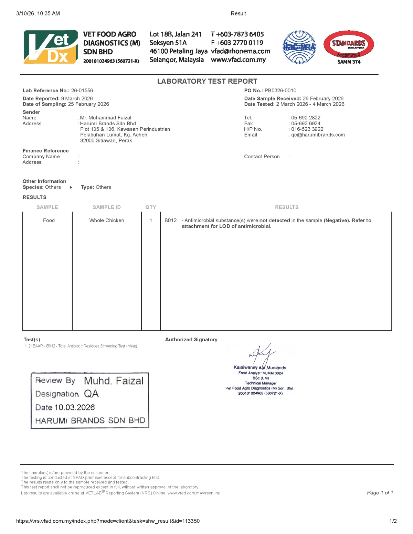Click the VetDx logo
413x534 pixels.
(51, 47)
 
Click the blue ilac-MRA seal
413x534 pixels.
(299, 47)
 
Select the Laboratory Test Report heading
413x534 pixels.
(207, 82)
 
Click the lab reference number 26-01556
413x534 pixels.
(82, 90)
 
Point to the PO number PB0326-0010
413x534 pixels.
(280, 90)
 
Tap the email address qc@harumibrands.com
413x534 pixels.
(318, 135)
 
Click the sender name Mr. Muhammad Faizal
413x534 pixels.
(105, 118)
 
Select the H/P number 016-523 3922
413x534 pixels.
(307, 129)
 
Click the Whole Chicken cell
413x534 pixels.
(107, 221)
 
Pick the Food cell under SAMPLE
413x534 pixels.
(49, 221)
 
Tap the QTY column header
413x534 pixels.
(151, 207)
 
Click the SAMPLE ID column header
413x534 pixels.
(107, 207)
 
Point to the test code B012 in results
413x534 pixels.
(170, 221)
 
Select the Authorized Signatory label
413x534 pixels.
(191, 340)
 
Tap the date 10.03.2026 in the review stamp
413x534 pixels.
(75, 407)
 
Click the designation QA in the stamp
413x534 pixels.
(91, 394)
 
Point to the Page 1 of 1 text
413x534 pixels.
(380, 493)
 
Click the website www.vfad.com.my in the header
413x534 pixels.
(238, 60)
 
